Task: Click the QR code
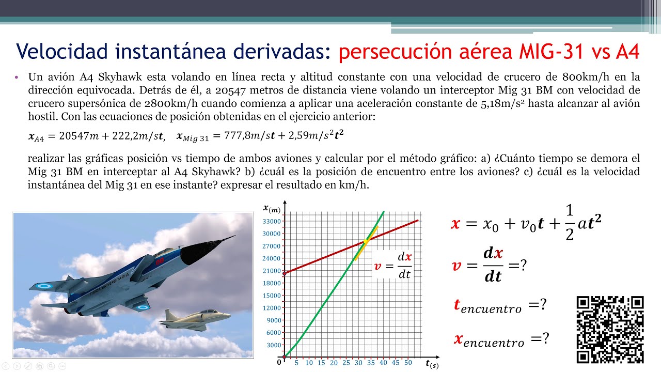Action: [610, 330]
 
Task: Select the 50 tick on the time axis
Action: [408, 363]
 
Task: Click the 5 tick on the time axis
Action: [296, 363]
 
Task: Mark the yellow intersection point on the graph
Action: [366, 241]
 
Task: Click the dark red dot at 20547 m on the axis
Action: [284, 273]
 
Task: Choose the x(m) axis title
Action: [272, 208]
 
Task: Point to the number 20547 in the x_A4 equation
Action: [72, 136]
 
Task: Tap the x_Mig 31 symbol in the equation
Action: [191, 137]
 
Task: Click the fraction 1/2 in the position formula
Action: [570, 223]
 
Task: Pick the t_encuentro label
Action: [487, 306]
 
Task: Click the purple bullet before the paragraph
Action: [17, 77]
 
